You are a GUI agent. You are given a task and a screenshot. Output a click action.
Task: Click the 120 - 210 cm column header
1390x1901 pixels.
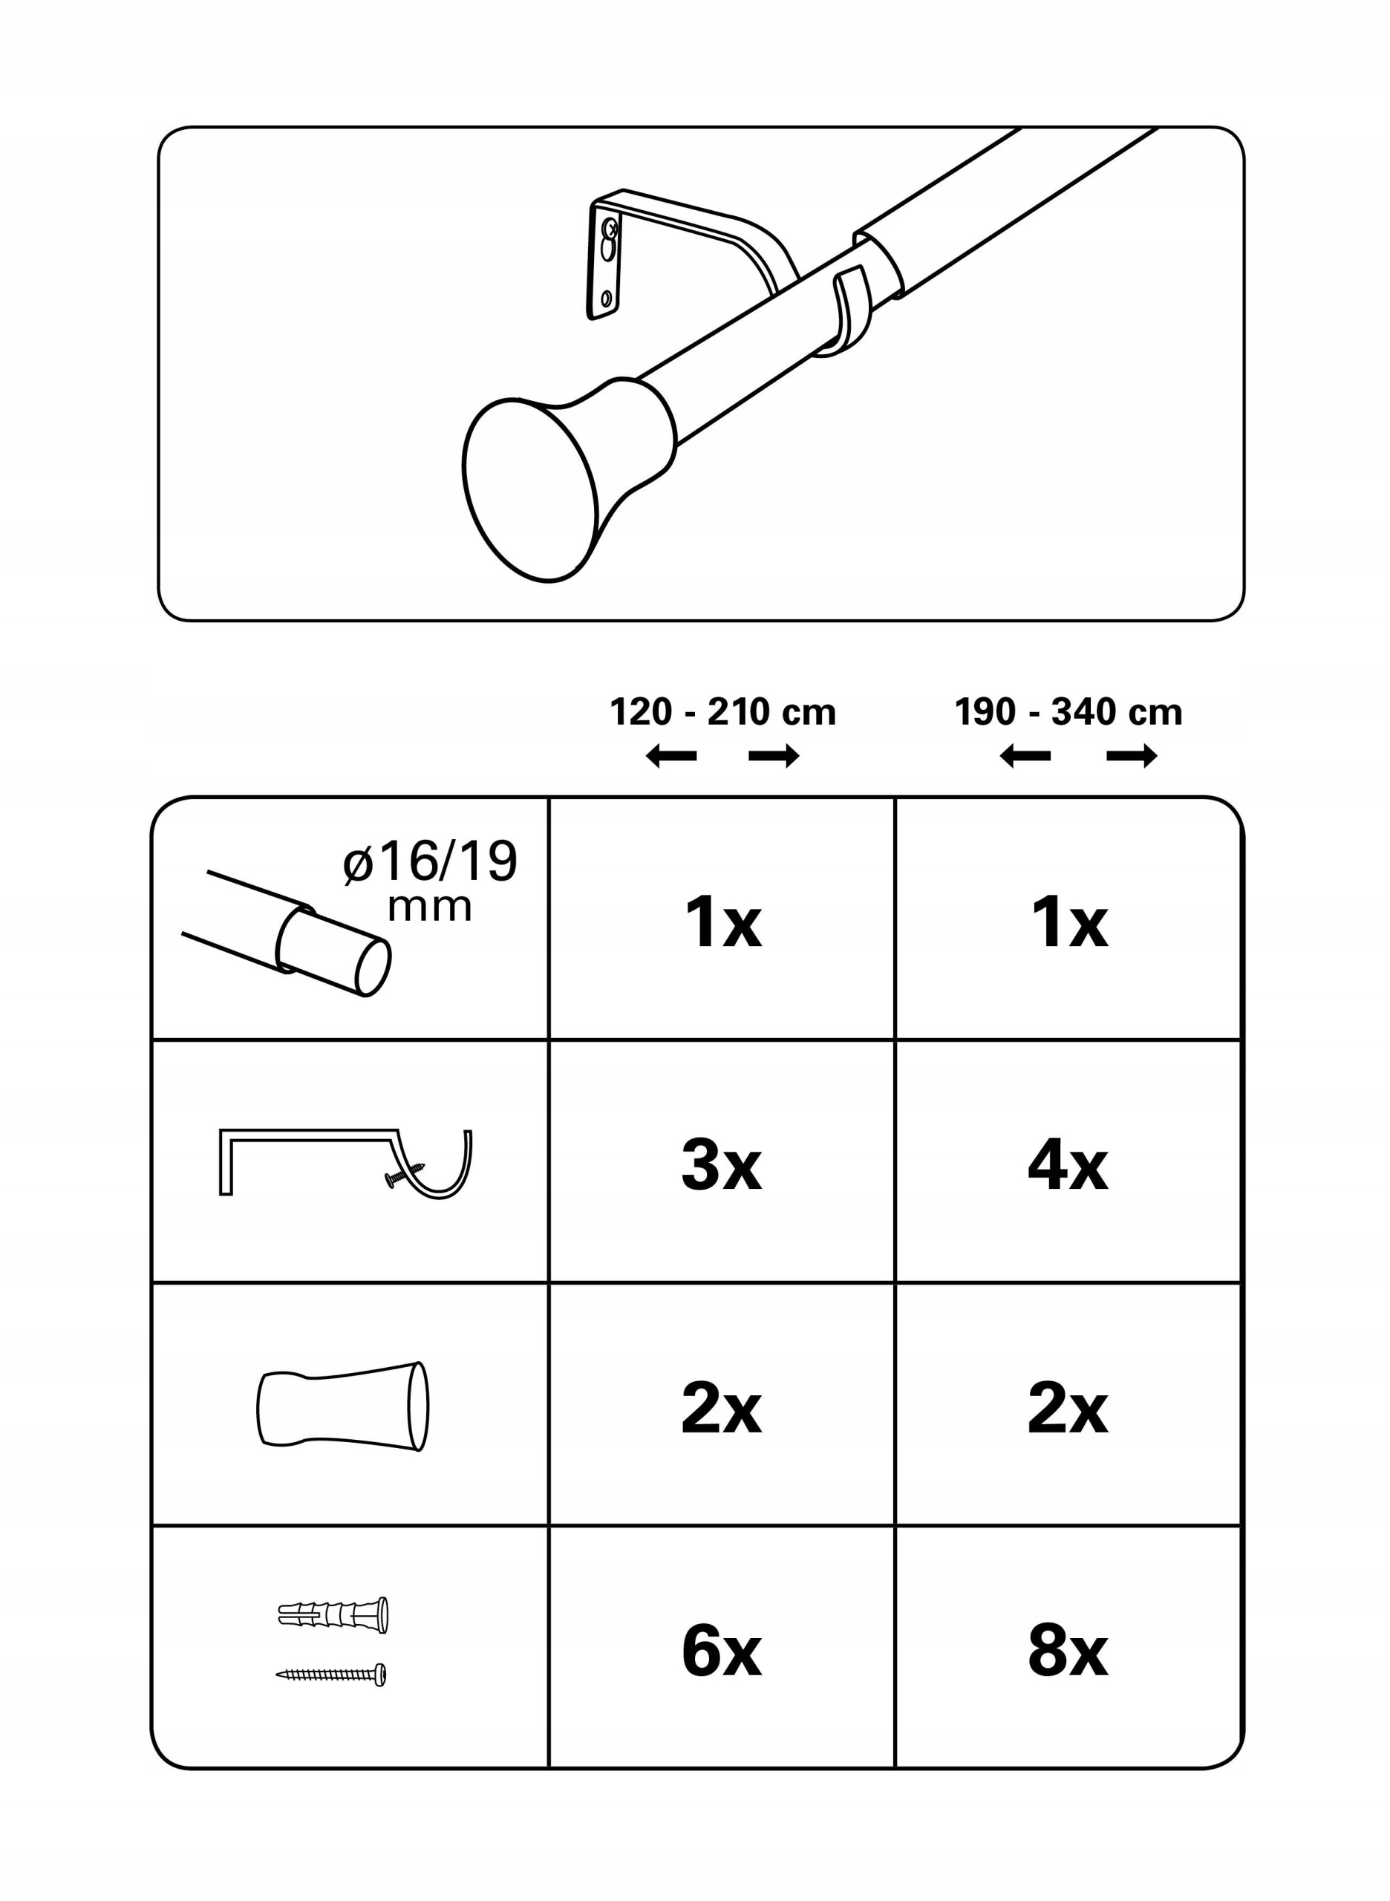point(722,712)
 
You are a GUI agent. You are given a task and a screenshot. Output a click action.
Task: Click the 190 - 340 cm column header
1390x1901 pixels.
point(1068,712)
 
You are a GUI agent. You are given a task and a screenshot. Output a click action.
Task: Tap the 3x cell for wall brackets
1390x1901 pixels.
point(722,1164)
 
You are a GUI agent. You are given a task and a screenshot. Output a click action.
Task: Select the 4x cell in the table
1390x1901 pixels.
point(1068,1164)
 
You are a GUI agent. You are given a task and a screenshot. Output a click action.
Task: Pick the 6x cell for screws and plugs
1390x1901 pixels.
point(722,1650)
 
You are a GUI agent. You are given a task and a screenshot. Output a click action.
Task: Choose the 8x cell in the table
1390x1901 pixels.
point(1068,1650)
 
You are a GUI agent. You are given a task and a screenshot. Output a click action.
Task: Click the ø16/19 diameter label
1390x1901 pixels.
point(430,880)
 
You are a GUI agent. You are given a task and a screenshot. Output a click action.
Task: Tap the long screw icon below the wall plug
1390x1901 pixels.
point(331,1675)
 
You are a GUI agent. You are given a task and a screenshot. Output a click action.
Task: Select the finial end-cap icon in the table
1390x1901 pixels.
point(342,1406)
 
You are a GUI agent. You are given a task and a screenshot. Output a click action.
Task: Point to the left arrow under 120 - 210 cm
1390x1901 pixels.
point(670,757)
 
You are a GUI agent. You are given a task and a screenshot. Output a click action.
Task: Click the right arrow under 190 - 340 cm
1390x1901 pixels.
point(1132,757)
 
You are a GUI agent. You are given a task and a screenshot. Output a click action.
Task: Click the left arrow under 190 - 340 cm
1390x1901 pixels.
point(1025,757)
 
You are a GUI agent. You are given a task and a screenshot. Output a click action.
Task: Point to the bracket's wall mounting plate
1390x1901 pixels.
point(605,261)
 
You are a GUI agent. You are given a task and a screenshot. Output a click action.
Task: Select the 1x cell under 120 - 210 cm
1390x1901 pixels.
point(722,922)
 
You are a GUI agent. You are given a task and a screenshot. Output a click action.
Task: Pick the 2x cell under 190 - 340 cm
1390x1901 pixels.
point(1068,1408)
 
